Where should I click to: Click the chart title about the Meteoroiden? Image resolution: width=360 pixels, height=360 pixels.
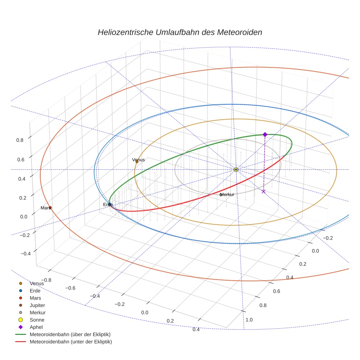pyautogui.click(x=180, y=32)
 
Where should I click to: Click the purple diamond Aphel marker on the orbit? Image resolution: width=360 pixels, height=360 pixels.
pyautogui.click(x=265, y=134)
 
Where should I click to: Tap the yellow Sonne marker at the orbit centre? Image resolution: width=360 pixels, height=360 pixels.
pyautogui.click(x=236, y=169)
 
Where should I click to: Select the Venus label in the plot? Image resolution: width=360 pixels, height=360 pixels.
pyautogui.click(x=138, y=160)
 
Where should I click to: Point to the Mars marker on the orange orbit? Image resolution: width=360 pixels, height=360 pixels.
pyautogui.click(x=50, y=208)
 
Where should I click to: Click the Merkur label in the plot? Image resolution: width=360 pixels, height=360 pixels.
pyautogui.click(x=227, y=194)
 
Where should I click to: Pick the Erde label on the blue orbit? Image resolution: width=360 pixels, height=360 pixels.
pyautogui.click(x=108, y=204)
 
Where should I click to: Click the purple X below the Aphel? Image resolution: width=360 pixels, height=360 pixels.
pyautogui.click(x=263, y=191)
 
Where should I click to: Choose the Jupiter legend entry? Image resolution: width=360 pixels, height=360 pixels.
pyautogui.click(x=37, y=305)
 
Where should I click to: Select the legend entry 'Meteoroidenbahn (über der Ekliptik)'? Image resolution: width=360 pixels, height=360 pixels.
pyautogui.click(x=70, y=334)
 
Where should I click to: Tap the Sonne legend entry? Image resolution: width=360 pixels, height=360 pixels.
pyautogui.click(x=37, y=320)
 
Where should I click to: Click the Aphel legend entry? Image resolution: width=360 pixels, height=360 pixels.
pyautogui.click(x=36, y=327)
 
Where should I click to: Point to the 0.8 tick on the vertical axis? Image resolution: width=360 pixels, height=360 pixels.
pyautogui.click(x=20, y=140)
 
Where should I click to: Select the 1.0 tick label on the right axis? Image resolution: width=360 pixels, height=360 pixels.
pyautogui.click(x=249, y=320)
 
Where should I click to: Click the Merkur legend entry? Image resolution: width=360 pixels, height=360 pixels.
pyautogui.click(x=37, y=312)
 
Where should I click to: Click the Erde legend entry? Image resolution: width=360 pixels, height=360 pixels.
pyautogui.click(x=35, y=290)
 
